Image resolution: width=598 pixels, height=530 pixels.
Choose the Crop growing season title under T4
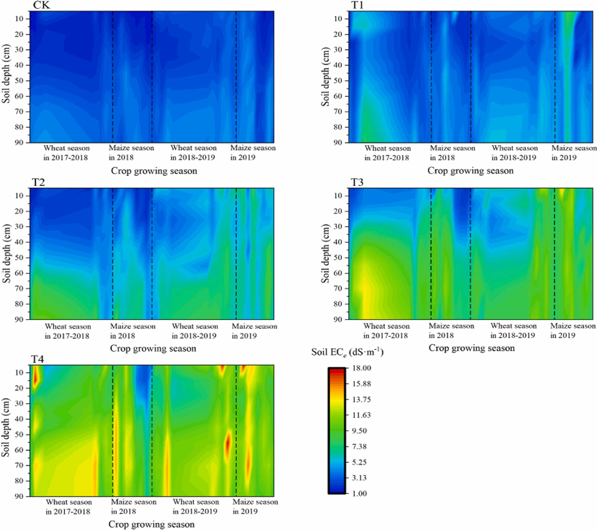[152, 524]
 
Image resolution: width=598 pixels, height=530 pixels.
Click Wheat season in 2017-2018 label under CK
[67, 153]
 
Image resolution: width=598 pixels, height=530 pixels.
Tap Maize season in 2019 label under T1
[573, 153]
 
